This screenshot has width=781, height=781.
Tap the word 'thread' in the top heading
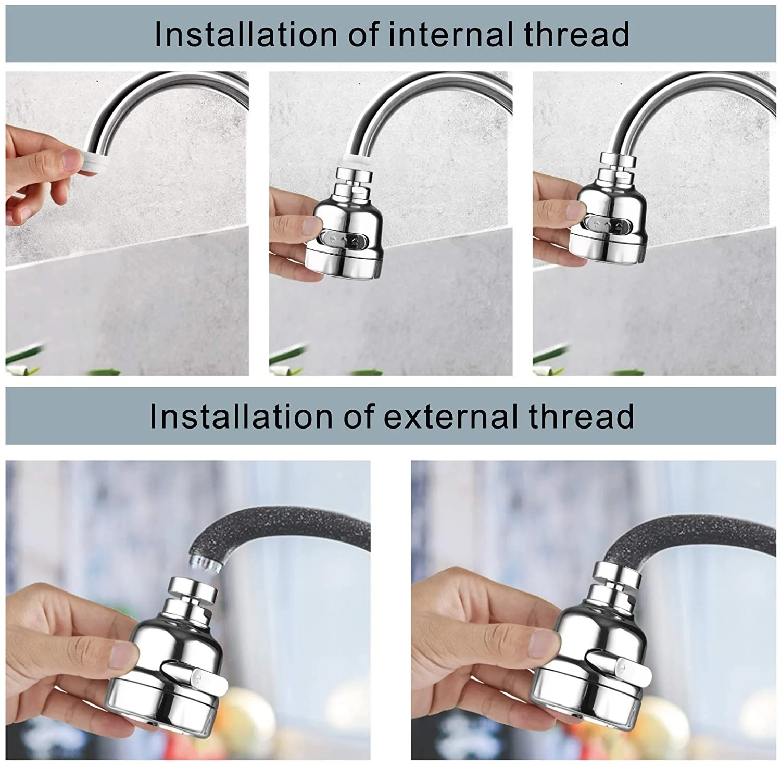point(576,34)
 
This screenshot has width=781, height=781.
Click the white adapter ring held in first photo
point(95,159)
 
